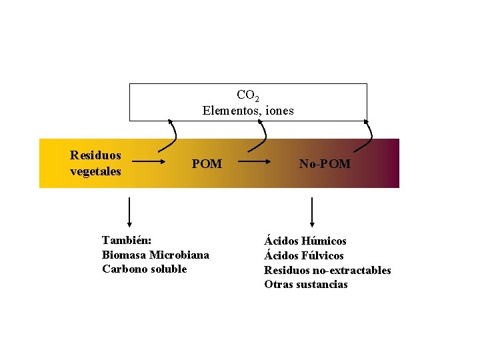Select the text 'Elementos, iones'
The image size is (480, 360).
(248, 111)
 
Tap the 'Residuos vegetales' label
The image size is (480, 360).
(96, 163)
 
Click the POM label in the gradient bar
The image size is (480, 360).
(207, 164)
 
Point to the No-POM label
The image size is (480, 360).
(325, 164)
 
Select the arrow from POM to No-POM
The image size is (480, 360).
(254, 162)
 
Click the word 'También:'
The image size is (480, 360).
(127, 240)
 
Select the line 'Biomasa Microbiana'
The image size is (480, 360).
(155, 255)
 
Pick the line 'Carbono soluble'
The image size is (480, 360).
(145, 269)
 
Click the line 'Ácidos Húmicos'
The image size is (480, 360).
(305, 241)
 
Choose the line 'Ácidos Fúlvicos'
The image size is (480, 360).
(304, 255)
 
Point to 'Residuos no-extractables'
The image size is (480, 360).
(327, 270)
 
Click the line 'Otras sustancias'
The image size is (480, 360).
(306, 285)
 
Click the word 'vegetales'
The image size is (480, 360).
(96, 171)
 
